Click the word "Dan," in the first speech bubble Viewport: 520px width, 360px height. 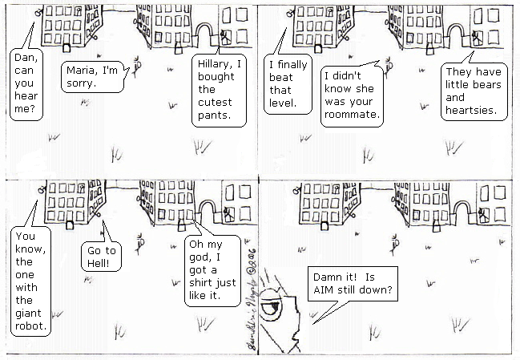26,58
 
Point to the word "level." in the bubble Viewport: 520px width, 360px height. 283,103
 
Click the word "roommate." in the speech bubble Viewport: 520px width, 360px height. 352,115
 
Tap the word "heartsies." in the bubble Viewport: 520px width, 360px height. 471,110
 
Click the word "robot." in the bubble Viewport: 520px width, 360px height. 30,326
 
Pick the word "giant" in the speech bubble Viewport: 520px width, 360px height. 28,313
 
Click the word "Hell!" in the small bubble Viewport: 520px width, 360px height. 99,263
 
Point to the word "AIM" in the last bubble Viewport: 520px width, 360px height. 323,289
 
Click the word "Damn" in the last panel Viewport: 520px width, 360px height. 328,277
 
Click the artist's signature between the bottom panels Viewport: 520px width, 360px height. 252,298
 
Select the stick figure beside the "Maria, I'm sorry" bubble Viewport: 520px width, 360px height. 137,67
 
